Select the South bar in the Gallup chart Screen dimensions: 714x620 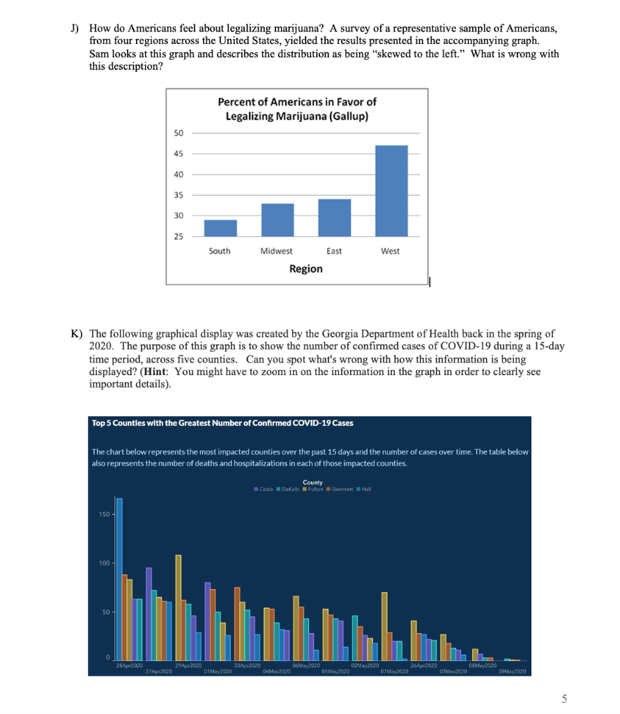pos(220,228)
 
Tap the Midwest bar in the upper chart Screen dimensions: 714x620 pos(277,220)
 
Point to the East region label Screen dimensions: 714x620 pos(334,251)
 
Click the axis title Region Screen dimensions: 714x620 pos(305,268)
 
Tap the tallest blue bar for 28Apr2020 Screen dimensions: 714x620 pos(119,579)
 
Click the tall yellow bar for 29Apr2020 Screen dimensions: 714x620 pos(178,607)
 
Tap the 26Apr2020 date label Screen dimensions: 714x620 pos(425,667)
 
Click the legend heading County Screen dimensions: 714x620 pos(313,482)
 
